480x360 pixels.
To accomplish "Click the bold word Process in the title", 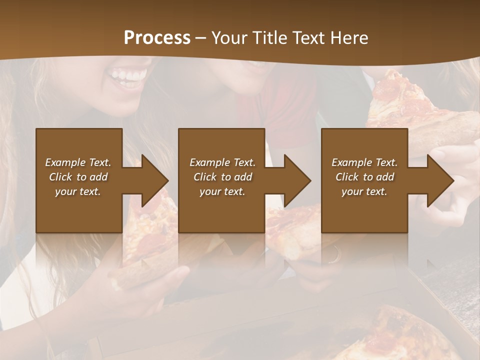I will click(x=157, y=38).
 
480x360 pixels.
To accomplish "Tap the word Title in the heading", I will click(x=269, y=38).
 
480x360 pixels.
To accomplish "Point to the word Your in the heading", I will click(x=230, y=38).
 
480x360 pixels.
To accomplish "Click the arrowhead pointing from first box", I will click(x=154, y=180).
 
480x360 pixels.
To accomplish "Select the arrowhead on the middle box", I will click(x=297, y=180).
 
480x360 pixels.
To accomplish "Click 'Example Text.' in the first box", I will click(x=78, y=162).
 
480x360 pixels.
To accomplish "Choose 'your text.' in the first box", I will click(x=78, y=191).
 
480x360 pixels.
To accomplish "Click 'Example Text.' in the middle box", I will click(x=222, y=162).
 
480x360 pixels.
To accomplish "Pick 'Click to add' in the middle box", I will click(x=222, y=177).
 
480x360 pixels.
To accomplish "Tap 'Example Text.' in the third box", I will click(x=364, y=162).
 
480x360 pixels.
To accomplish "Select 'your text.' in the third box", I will click(x=364, y=191).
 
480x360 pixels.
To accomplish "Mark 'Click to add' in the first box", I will click(x=78, y=177).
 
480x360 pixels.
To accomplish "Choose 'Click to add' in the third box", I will click(x=364, y=177).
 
